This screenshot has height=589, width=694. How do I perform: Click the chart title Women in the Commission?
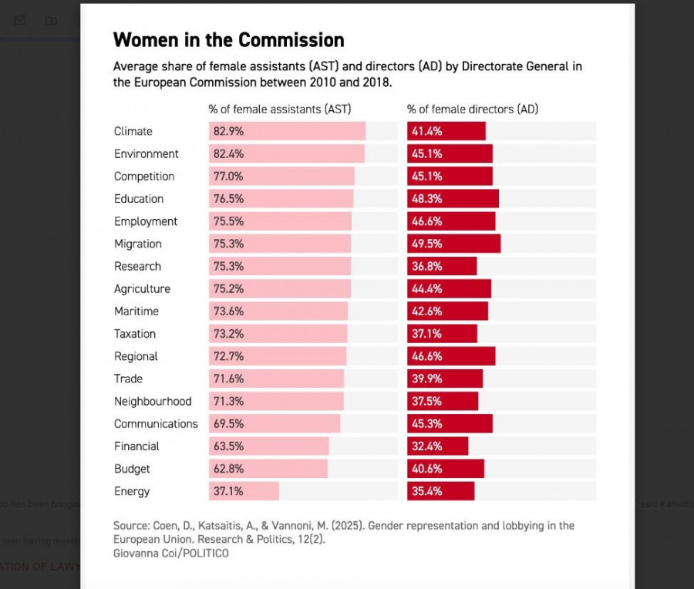(x=228, y=40)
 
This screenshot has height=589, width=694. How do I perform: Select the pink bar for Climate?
(x=308, y=131)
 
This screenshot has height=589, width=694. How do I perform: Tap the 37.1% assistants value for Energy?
(x=227, y=492)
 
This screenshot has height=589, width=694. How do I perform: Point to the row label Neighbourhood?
(x=153, y=402)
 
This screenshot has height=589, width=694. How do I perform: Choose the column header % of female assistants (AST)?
(x=285, y=109)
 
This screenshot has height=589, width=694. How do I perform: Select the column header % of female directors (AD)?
(x=472, y=109)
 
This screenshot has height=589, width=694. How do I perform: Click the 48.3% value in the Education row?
(x=426, y=199)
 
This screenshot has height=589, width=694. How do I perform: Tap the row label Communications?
(x=156, y=424)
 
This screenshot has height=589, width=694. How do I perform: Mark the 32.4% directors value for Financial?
(x=426, y=446)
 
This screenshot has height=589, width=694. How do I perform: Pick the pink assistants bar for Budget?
(x=285, y=469)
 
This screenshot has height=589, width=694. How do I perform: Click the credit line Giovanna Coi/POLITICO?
(x=171, y=553)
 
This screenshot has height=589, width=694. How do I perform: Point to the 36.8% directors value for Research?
(x=426, y=266)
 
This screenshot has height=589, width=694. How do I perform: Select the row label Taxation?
(x=135, y=334)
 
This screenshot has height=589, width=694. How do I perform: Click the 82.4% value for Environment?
(x=227, y=153)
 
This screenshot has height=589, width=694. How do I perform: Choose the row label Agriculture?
(x=142, y=289)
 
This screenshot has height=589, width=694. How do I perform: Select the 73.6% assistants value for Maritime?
(x=227, y=311)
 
